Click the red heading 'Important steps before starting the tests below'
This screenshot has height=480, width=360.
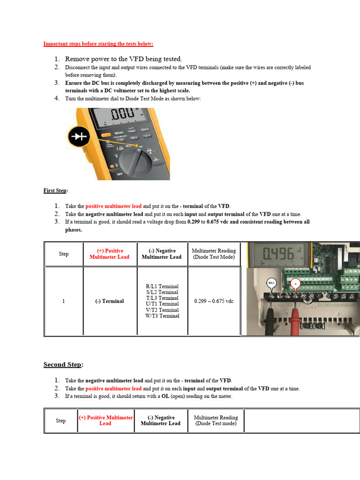pyautogui.click(x=98, y=44)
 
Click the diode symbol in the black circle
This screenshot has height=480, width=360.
pyautogui.click(x=77, y=137)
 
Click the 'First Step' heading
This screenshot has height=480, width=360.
pyautogui.click(x=55, y=190)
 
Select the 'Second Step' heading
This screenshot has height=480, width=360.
pyautogui.click(x=63, y=365)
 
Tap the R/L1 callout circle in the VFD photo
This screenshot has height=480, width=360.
pyautogui.click(x=271, y=283)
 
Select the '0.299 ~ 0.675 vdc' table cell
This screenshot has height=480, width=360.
pyautogui.click(x=214, y=301)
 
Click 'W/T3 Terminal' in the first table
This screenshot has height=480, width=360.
pyautogui.click(x=162, y=316)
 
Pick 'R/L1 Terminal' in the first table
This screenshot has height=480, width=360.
pyautogui.click(x=162, y=286)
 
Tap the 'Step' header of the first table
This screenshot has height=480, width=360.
pyautogui.click(x=63, y=254)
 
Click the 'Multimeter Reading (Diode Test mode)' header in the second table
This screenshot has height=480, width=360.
pyautogui.click(x=216, y=420)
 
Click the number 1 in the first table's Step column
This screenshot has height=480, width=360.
pyautogui.click(x=63, y=301)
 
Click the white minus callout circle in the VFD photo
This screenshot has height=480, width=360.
pyautogui.click(x=295, y=284)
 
